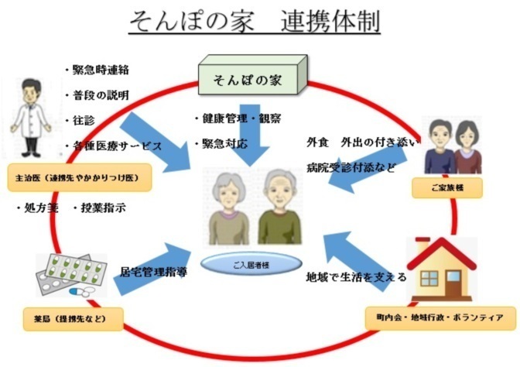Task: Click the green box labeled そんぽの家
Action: (249, 78)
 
